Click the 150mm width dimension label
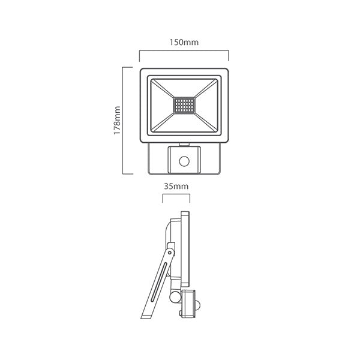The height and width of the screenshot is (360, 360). [184, 43]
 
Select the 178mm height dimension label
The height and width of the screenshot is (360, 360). [118, 120]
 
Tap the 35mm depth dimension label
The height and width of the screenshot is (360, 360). [176, 186]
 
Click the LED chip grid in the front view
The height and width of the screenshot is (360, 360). [184, 106]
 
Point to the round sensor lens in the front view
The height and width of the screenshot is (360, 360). [184, 160]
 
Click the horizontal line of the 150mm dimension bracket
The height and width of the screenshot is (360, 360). [184, 52]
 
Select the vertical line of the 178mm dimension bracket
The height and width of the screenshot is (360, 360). [124, 120]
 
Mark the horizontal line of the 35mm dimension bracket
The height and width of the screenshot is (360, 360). [176, 196]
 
